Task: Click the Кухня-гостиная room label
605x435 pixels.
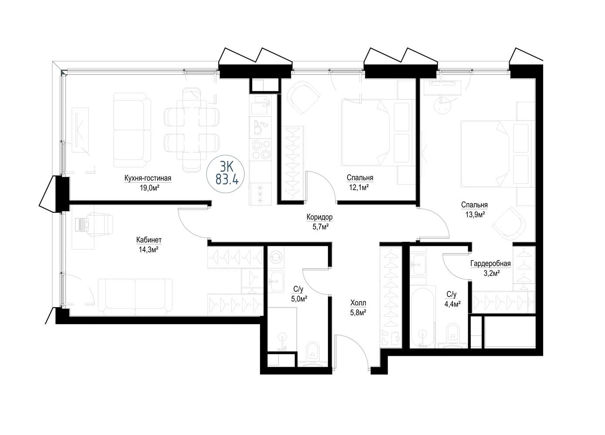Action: point(148,178)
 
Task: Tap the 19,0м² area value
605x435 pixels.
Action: point(149,188)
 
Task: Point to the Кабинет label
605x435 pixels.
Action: point(149,240)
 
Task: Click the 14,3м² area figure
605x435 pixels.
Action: point(149,249)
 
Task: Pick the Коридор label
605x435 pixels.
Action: point(320,217)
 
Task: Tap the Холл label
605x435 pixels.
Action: point(358,303)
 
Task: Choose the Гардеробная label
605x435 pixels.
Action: point(490,263)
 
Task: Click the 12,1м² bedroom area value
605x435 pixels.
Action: point(359,187)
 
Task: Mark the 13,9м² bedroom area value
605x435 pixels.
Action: point(474,214)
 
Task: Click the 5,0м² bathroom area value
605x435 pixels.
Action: point(298,299)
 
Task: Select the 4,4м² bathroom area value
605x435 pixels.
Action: point(453,304)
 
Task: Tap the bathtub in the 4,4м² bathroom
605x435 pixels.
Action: point(422,318)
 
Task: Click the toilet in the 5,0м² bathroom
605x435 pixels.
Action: point(313,354)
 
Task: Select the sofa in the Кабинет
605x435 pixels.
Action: point(135,297)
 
